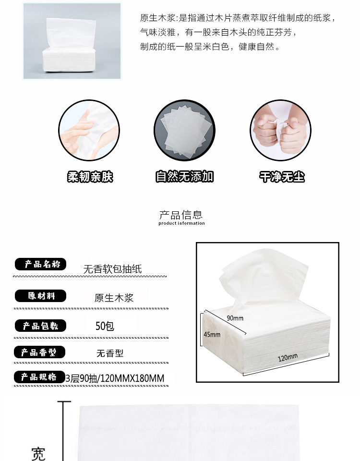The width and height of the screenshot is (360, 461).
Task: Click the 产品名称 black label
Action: (40, 264)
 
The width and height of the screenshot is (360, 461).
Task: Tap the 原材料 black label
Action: (40, 296)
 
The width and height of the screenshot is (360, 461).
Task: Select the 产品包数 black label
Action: (40, 326)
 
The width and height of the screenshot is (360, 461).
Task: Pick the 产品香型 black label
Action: (40, 352)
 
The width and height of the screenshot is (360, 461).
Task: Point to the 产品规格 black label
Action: (40, 377)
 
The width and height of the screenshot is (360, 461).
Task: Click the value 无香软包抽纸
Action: (112, 269)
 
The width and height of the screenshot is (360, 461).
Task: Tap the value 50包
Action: (105, 326)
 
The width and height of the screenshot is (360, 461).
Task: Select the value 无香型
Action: (110, 353)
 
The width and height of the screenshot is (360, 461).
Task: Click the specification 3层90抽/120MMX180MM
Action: (115, 378)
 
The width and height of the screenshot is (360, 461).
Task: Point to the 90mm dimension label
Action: (235, 318)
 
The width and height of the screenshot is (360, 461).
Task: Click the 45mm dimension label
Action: (212, 335)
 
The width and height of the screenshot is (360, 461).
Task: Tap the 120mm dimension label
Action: (288, 357)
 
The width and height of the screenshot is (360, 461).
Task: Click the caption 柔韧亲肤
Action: (90, 177)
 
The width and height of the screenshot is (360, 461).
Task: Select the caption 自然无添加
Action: (184, 176)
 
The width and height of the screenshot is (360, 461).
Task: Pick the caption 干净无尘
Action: (282, 177)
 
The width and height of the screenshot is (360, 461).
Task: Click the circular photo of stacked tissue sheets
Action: (184, 130)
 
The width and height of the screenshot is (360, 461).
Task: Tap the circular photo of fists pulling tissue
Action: (280, 130)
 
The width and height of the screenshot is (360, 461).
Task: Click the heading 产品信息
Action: (181, 215)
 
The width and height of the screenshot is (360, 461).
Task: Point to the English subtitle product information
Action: (181, 223)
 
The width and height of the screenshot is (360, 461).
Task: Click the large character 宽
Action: (38, 454)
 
